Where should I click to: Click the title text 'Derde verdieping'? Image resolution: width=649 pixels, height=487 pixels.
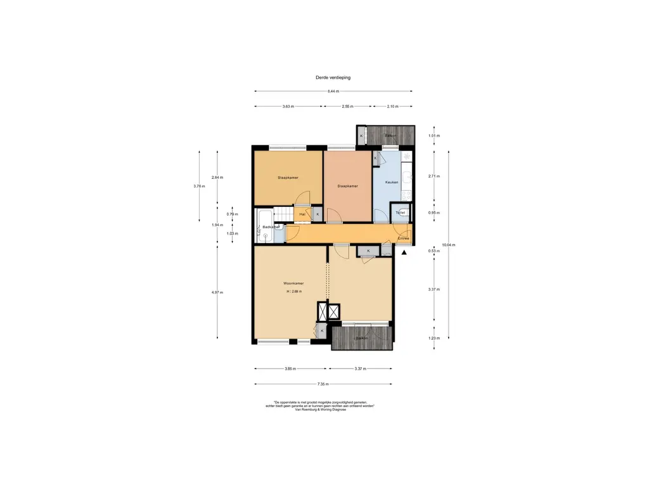pyautogui.click(x=333, y=77)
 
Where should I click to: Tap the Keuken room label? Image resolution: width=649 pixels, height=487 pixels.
pyautogui.click(x=392, y=183)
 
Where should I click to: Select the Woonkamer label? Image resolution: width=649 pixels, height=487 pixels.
pyautogui.click(x=293, y=283)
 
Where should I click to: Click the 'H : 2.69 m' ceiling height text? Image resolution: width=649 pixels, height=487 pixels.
pyautogui.click(x=293, y=292)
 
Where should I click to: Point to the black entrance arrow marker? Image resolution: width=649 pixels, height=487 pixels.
pyautogui.click(x=404, y=252)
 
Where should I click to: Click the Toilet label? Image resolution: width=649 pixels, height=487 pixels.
pyautogui.click(x=400, y=212)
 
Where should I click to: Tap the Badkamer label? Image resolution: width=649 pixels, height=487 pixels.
pyautogui.click(x=271, y=226)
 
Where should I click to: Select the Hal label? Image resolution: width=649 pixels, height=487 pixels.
pyautogui.click(x=302, y=215)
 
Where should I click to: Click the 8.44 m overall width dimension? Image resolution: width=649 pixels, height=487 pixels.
pyautogui.click(x=333, y=91)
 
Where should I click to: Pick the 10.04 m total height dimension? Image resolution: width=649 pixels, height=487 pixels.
pyautogui.click(x=449, y=245)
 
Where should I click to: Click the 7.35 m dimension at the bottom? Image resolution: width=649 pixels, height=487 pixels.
pyautogui.click(x=323, y=384)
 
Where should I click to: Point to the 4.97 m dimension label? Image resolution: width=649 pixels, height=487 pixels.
pyautogui.click(x=217, y=292)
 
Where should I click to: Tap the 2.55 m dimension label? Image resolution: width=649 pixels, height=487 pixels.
pyautogui.click(x=347, y=107)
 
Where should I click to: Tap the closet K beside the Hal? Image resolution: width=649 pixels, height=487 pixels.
pyautogui.click(x=318, y=214)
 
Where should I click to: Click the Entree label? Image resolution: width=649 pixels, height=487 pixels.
pyautogui.click(x=403, y=238)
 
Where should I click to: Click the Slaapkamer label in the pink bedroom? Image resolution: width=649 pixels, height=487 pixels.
pyautogui.click(x=347, y=186)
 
